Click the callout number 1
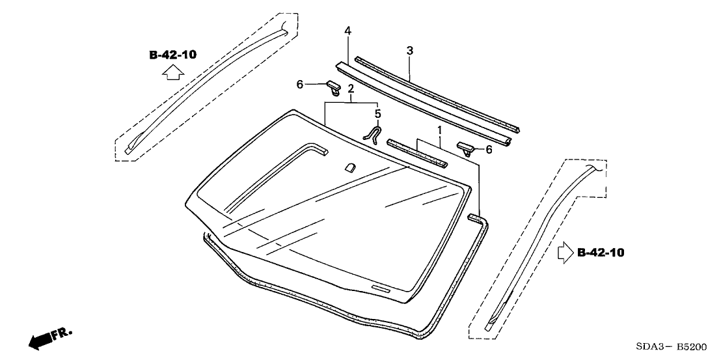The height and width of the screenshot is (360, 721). (x=441, y=130)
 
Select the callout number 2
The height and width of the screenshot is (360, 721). (x=351, y=89)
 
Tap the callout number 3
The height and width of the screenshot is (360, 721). (x=409, y=50)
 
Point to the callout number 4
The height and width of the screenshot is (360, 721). (x=347, y=31)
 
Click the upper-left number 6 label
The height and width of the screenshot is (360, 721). (x=300, y=84)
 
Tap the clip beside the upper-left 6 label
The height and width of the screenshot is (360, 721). (x=333, y=86)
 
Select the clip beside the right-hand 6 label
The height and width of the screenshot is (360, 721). (x=470, y=148)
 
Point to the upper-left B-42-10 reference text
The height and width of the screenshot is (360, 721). (x=172, y=55)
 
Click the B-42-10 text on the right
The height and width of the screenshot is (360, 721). (x=601, y=253)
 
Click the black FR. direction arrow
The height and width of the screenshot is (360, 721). (x=41, y=339)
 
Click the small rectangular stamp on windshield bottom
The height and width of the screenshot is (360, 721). (x=379, y=287)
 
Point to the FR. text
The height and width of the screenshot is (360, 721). (x=63, y=332)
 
